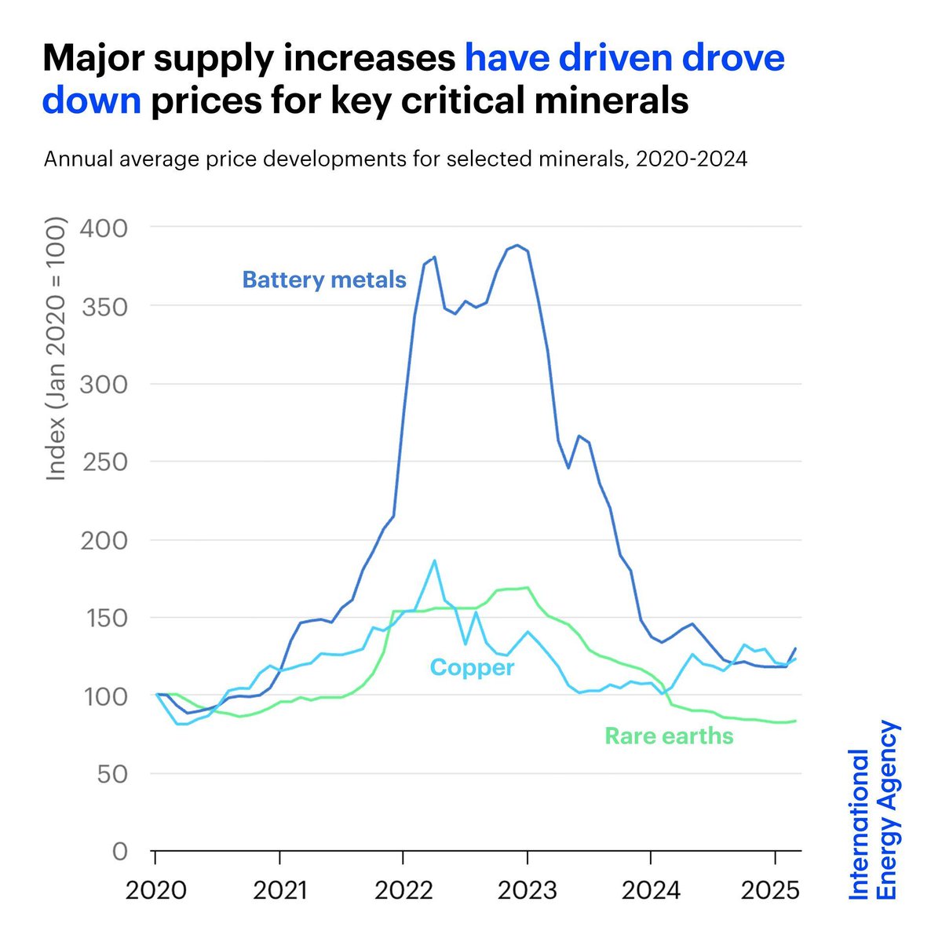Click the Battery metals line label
(324, 279)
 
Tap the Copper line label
(472, 667)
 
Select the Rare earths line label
(669, 736)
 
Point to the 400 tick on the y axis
(104, 228)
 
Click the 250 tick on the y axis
(104, 462)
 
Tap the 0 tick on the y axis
(119, 852)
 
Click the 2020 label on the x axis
(155, 891)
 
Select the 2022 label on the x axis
(403, 891)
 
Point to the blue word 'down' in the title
(92, 101)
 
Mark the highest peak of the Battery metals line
(516, 245)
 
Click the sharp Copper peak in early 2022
(434, 560)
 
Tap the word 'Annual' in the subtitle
(79, 159)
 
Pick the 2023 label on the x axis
(527, 891)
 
